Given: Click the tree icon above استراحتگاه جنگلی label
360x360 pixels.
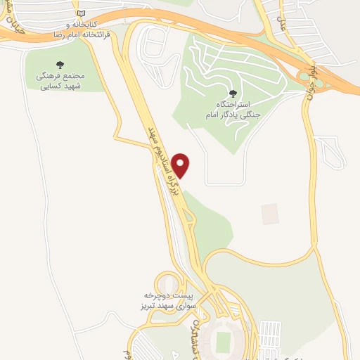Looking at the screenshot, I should [x=232, y=94].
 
